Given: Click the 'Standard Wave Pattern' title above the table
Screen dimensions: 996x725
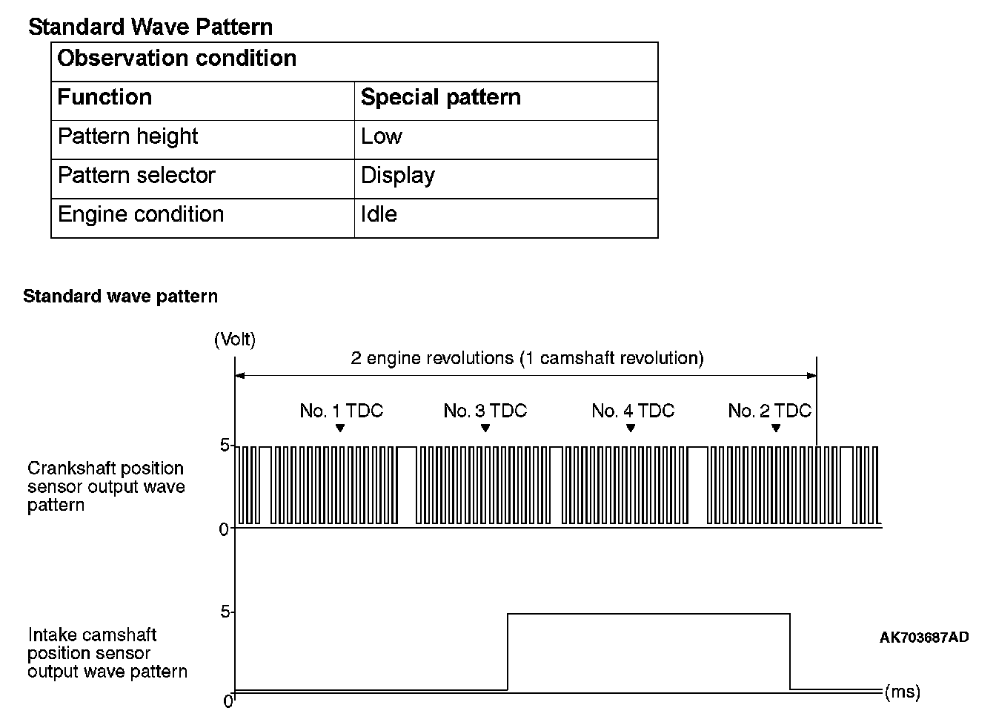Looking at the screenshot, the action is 150,27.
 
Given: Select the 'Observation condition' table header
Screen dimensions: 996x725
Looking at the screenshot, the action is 177,59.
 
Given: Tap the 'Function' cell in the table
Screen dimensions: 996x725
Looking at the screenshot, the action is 104,97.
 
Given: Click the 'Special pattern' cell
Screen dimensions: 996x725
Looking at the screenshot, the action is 440,97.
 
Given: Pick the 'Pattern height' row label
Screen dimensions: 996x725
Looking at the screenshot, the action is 127,136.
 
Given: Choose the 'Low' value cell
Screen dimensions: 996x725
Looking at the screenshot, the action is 381,136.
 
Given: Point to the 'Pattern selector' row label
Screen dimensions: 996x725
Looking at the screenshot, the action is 136,176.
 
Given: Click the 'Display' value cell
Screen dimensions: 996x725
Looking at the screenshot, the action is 397,176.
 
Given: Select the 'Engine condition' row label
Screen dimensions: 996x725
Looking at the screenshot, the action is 141,214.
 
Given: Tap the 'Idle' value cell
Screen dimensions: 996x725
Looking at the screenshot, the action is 379,214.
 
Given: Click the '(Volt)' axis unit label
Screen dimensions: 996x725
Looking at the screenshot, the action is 234,340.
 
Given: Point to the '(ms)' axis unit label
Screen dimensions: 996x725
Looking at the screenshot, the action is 903,692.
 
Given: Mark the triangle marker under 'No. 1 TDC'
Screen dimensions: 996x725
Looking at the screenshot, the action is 340,428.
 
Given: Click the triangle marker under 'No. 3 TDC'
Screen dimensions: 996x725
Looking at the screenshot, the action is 485,428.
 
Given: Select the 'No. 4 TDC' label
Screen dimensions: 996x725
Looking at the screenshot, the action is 633,411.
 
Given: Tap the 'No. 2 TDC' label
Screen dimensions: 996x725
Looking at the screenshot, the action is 769,411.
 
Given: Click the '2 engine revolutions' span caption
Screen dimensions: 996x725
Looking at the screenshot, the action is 527,359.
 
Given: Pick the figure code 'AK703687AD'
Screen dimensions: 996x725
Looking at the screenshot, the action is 924,638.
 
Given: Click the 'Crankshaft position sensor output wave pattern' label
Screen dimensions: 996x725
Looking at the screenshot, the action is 106,487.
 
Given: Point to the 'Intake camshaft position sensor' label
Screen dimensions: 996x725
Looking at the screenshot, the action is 107,653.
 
